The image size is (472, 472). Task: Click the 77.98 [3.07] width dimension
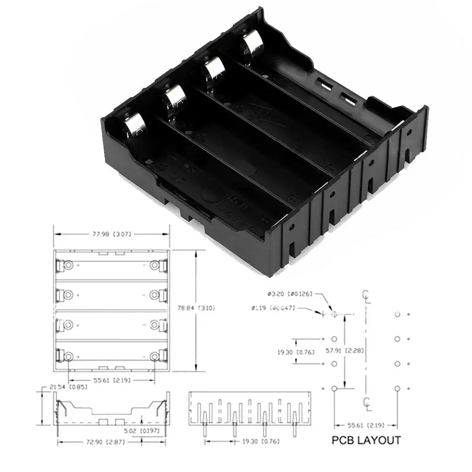(x=111, y=233)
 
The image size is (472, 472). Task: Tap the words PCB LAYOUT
(x=366, y=440)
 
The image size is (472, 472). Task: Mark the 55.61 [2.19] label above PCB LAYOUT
(x=366, y=424)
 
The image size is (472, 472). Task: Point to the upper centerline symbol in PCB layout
(x=366, y=296)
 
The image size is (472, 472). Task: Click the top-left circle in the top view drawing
(x=68, y=266)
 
